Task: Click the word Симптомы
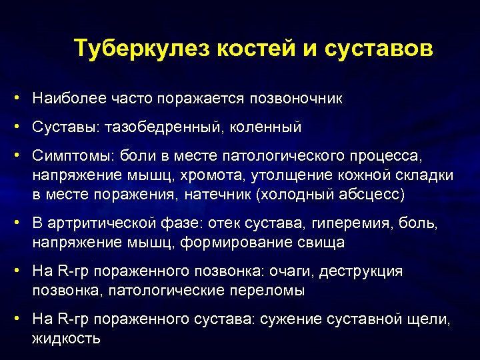pos(73,155)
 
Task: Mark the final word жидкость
pos(66,339)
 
